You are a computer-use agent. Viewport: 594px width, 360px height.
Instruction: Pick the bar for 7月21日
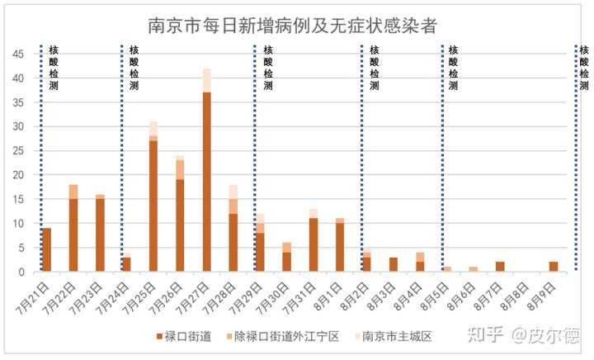click(46, 249)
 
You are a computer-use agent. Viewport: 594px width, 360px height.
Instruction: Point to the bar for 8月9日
click(554, 266)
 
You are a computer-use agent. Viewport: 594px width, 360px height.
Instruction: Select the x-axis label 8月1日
click(328, 293)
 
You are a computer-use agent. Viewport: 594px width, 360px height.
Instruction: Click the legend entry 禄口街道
click(185, 336)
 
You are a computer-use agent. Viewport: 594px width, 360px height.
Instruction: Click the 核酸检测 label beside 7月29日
click(268, 68)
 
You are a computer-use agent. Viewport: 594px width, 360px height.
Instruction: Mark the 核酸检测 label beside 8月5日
click(453, 68)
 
